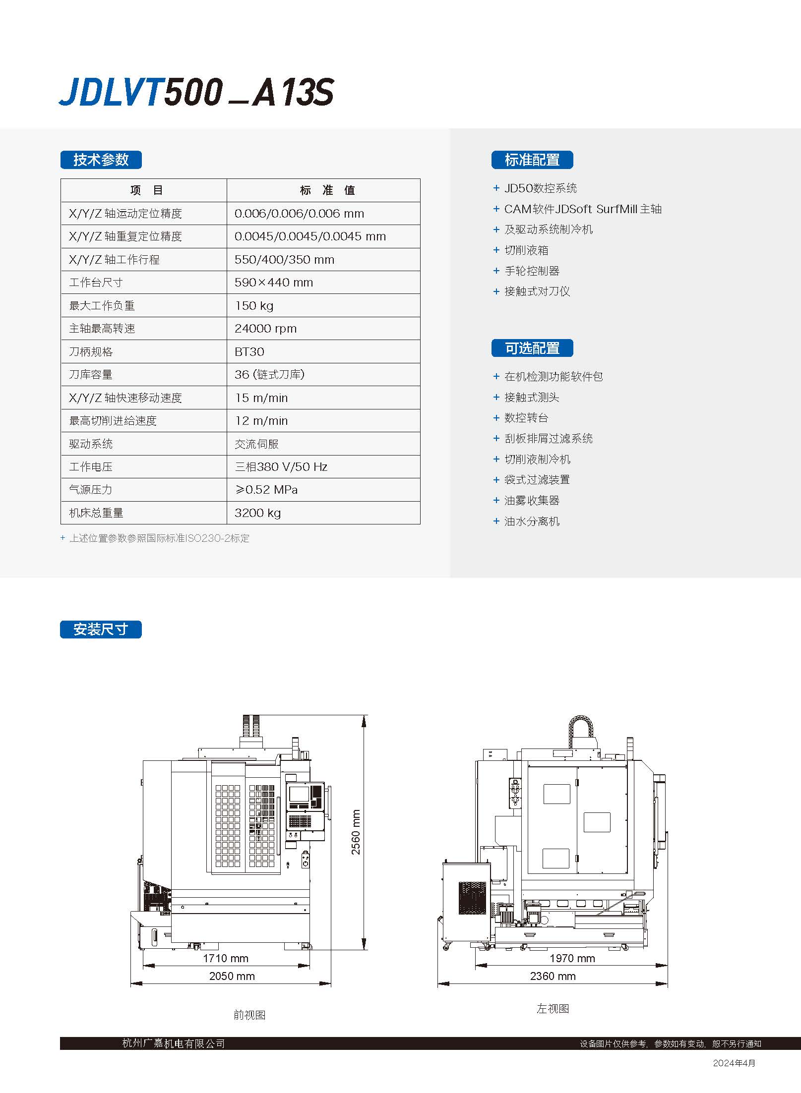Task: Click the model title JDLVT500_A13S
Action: point(196,92)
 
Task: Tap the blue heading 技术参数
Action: point(101,160)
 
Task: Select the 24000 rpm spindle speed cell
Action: point(265,329)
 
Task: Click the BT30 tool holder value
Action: point(249,351)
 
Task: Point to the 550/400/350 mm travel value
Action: point(284,259)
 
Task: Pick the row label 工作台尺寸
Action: point(96,283)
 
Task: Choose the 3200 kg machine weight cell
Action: point(257,513)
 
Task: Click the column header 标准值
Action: point(327,190)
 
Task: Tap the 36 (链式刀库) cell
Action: point(269,375)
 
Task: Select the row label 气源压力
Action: point(90,490)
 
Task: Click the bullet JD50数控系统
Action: point(540,188)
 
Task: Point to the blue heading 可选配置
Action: point(532,348)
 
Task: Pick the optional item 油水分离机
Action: point(532,521)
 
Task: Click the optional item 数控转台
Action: point(526,418)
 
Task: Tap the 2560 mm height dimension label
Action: point(356,832)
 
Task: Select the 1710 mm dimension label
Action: point(226,958)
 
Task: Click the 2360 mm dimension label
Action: point(553,976)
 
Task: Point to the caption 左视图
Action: point(553,1008)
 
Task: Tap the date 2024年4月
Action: point(734,1063)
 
